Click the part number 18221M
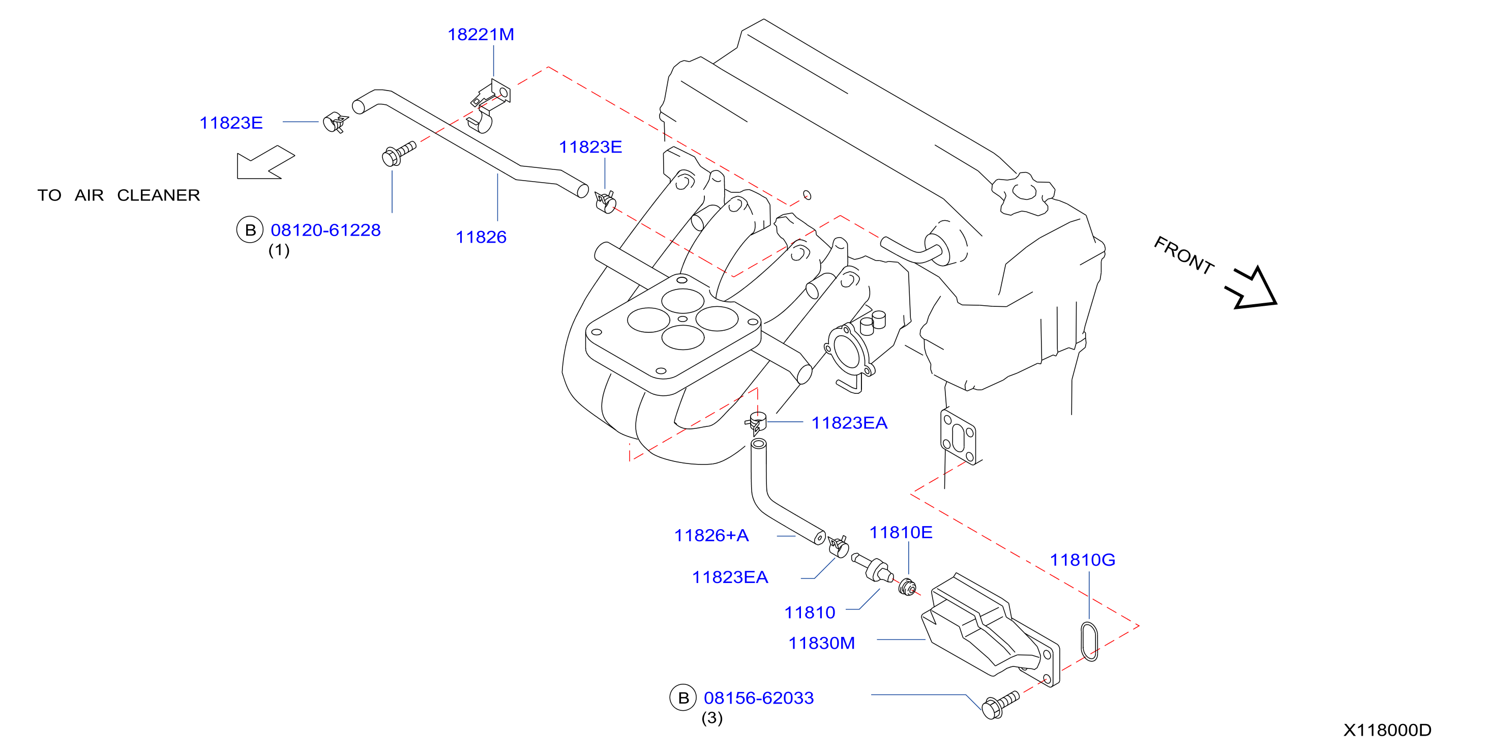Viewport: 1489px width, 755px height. click(x=481, y=35)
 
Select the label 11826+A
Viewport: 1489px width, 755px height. click(x=711, y=535)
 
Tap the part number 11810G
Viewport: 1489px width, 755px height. click(x=1082, y=560)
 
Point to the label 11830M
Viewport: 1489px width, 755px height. click(x=821, y=643)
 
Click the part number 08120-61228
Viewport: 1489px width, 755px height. click(x=325, y=230)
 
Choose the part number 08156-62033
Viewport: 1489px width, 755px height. click(x=758, y=698)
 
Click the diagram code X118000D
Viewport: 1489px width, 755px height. click(x=1387, y=730)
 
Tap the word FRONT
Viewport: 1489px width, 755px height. click(x=1183, y=255)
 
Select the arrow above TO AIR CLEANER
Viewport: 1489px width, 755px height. click(x=265, y=162)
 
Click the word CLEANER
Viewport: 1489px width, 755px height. click(x=158, y=195)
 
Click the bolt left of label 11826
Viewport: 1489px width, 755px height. click(x=399, y=153)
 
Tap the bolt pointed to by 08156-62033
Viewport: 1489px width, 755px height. click(x=999, y=705)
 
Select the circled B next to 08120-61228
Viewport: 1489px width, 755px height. click(x=250, y=230)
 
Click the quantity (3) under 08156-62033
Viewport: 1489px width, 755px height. click(x=711, y=718)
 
